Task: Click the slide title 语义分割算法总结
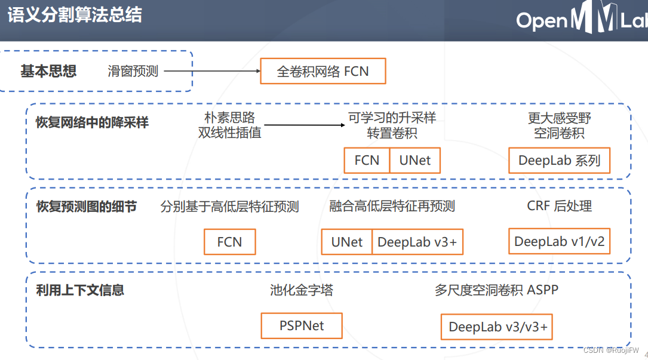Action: [x=75, y=15]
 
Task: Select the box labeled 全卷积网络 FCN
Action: [x=323, y=72]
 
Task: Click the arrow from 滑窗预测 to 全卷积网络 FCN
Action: [x=212, y=72]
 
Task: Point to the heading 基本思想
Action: [x=48, y=72]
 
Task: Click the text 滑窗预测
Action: [x=133, y=72]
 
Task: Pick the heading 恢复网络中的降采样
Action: [x=92, y=122]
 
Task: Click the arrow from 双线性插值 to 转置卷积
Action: [x=305, y=125]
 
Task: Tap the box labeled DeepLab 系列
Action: [x=559, y=161]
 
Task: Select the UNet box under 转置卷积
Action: [x=415, y=161]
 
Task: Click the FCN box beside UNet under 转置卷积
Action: [x=367, y=161]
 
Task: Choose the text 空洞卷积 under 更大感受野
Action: [x=559, y=133]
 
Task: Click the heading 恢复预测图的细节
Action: [x=87, y=207]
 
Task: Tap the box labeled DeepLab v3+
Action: [x=417, y=242]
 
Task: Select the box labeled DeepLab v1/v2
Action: [x=559, y=242]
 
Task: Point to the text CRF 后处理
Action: [x=559, y=207]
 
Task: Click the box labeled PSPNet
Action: [x=302, y=326]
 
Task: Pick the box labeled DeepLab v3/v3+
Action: [x=497, y=327]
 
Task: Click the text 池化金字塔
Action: [x=302, y=291]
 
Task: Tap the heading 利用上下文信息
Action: [x=80, y=291]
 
